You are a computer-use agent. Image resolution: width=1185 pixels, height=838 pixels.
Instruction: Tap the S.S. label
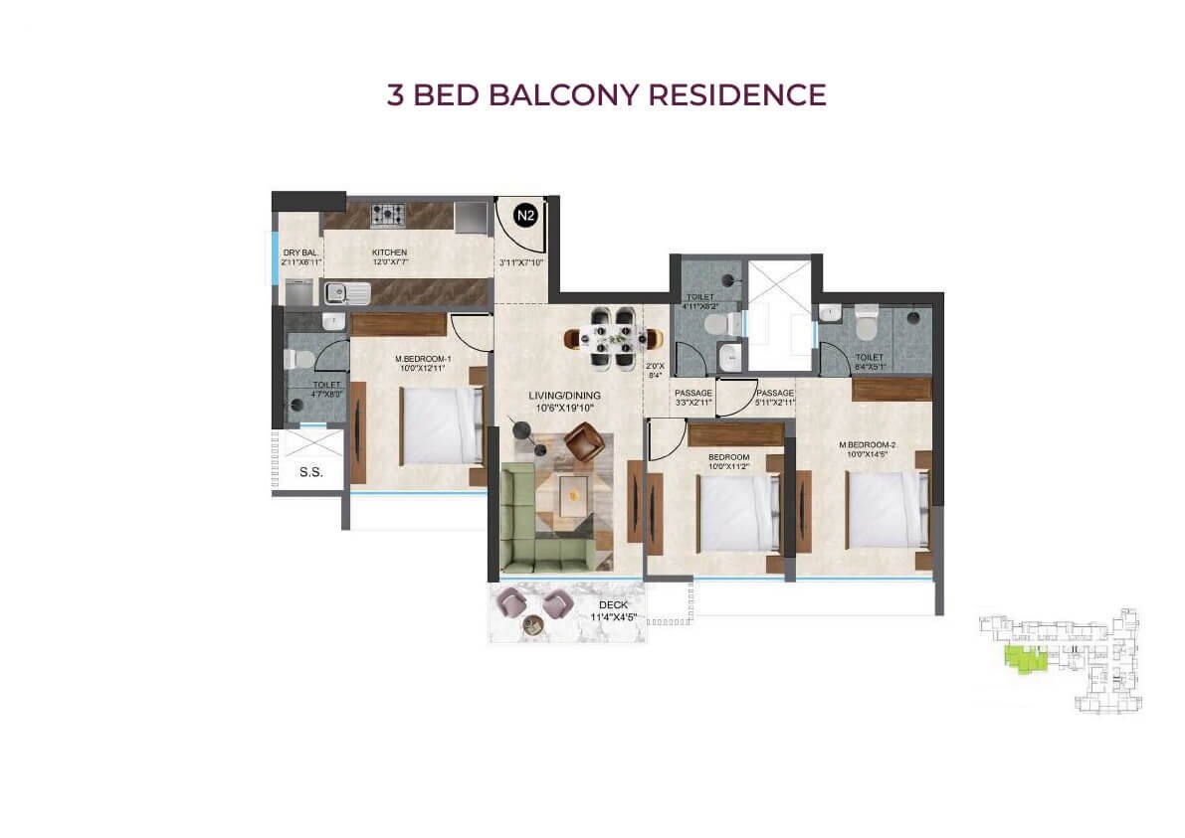point(310,473)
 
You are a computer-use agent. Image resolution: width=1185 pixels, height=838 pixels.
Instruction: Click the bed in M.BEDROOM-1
point(441,424)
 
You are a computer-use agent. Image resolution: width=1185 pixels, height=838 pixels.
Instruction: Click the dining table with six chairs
point(607,339)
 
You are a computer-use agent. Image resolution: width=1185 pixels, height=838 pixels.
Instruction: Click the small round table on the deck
point(532,624)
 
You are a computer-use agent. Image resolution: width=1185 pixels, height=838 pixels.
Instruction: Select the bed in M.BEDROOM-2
point(886,508)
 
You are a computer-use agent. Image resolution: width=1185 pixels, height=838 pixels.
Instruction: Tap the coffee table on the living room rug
point(571,495)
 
